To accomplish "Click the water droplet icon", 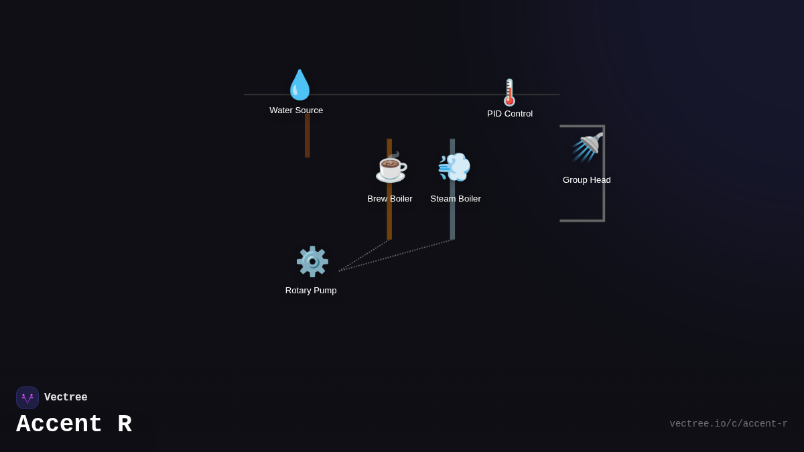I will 299,85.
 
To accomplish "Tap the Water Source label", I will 296,110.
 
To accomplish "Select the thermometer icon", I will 510,92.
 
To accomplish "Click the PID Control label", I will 510,114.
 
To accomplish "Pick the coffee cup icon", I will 391,167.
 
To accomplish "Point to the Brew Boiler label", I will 390,199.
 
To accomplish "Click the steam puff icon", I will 454,167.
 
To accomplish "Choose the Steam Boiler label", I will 456,199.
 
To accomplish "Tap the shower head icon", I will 588,147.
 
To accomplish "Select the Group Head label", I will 587,180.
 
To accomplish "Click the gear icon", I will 312,262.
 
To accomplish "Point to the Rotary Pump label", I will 311,291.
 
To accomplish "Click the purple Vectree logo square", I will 27,398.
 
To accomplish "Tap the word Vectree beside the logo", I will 66,398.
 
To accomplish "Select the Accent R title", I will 74,425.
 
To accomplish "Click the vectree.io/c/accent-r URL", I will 728,424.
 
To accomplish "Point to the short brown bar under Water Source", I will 308,137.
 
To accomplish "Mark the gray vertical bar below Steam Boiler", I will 452,221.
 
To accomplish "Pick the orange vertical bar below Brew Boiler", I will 389,221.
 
